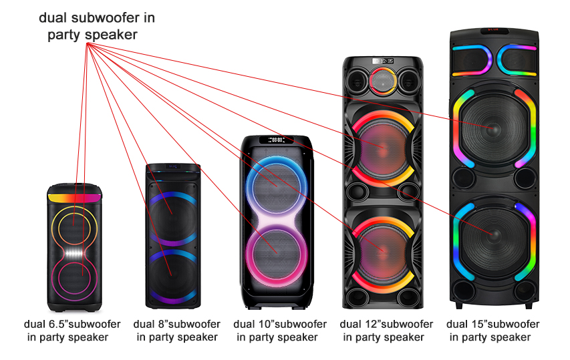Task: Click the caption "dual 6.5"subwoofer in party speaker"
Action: click(x=72, y=330)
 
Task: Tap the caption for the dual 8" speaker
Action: click(x=176, y=330)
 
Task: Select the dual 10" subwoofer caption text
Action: click(x=280, y=330)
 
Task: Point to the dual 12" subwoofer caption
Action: click(x=386, y=330)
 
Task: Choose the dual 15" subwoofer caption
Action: click(x=492, y=330)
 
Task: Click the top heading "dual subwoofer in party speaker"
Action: click(x=97, y=26)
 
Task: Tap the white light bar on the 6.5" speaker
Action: click(x=75, y=253)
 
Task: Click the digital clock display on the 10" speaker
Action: click(x=276, y=140)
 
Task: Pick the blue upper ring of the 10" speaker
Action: click(x=247, y=187)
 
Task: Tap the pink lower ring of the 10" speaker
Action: click(x=247, y=254)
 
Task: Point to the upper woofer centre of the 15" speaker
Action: click(x=493, y=129)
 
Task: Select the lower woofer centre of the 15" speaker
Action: click(x=493, y=234)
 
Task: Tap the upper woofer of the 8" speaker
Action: click(x=173, y=217)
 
